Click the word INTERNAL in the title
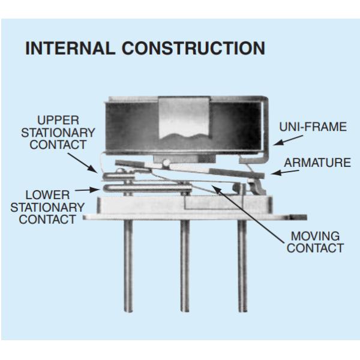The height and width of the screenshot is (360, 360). coord(70,48)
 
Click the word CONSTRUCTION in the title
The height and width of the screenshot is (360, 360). coord(193,48)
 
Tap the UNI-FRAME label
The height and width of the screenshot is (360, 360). coord(313,127)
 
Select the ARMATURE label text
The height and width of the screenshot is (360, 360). coord(317,163)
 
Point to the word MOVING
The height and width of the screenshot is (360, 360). coord(315,236)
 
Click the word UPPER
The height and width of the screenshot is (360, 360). coord(58,120)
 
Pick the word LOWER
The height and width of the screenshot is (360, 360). coord(47,195)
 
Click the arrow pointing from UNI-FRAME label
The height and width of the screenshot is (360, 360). coord(288,140)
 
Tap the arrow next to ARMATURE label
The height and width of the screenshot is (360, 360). coord(284,172)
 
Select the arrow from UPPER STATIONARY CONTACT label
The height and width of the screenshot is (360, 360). coord(83,163)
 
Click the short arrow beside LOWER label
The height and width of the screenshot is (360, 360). coord(88,190)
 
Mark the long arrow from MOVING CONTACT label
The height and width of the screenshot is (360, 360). coord(248,214)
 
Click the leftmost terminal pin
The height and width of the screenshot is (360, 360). coord(128,266)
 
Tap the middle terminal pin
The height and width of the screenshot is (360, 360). coord(185,266)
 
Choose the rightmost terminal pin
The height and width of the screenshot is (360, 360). coord(242,266)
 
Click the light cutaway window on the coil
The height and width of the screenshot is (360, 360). coord(184,118)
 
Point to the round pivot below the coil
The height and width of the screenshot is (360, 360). coord(166,163)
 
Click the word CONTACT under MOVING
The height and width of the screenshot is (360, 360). coord(315,248)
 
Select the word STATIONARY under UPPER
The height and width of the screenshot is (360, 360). coord(58,133)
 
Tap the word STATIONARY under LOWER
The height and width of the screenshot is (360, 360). coord(47,208)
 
